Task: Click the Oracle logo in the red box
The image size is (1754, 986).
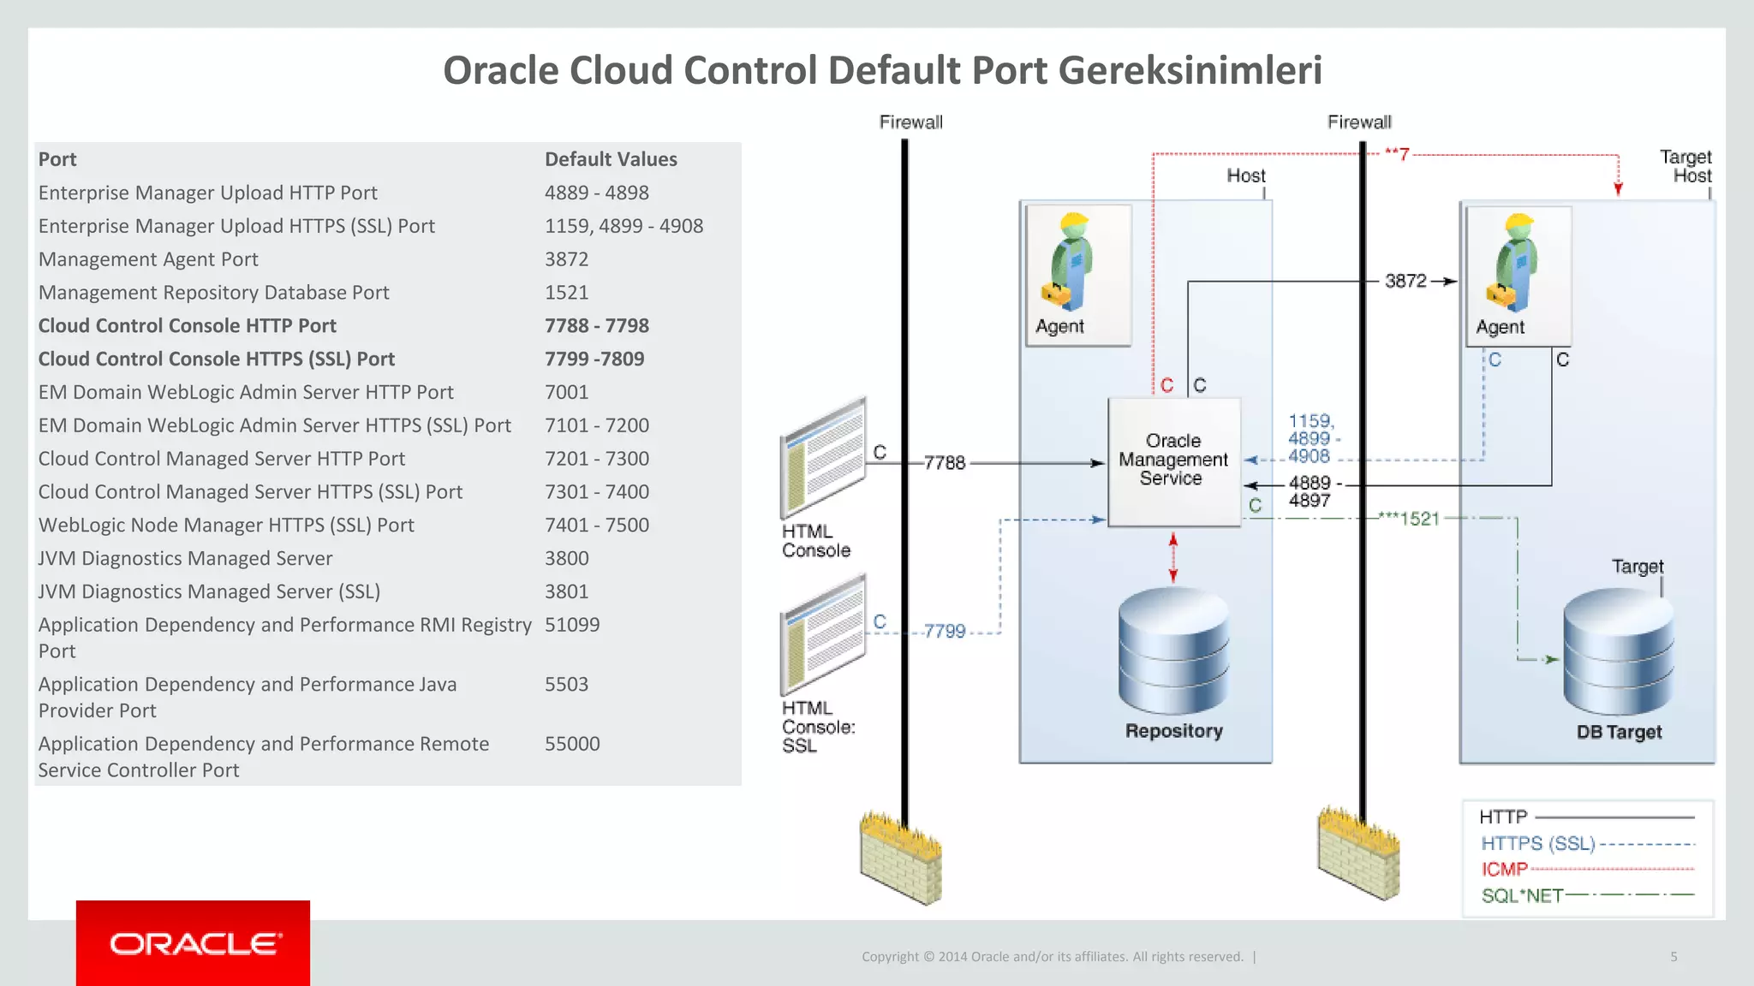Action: click(194, 943)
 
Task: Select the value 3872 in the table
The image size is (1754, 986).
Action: click(566, 259)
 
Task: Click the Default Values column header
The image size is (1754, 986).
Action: click(611, 159)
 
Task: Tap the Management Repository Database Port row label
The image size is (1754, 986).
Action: click(213, 293)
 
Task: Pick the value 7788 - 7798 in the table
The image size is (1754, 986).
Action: click(596, 326)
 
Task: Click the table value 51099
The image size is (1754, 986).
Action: click(572, 625)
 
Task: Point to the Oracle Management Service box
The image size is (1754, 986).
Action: click(1173, 460)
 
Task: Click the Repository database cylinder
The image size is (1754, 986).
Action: click(1173, 650)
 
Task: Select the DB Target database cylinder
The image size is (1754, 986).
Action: click(1618, 652)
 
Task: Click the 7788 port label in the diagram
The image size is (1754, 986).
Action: click(944, 463)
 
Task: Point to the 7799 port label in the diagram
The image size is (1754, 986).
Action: click(944, 632)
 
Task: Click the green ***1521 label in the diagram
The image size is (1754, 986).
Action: click(1409, 519)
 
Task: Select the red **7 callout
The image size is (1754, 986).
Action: click(1397, 155)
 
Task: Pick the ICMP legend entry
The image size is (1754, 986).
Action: click(1505, 870)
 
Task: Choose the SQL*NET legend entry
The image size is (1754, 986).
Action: click(1522, 896)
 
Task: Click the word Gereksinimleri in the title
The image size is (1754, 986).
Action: click(1190, 71)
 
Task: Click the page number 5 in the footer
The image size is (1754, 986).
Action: click(1673, 957)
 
